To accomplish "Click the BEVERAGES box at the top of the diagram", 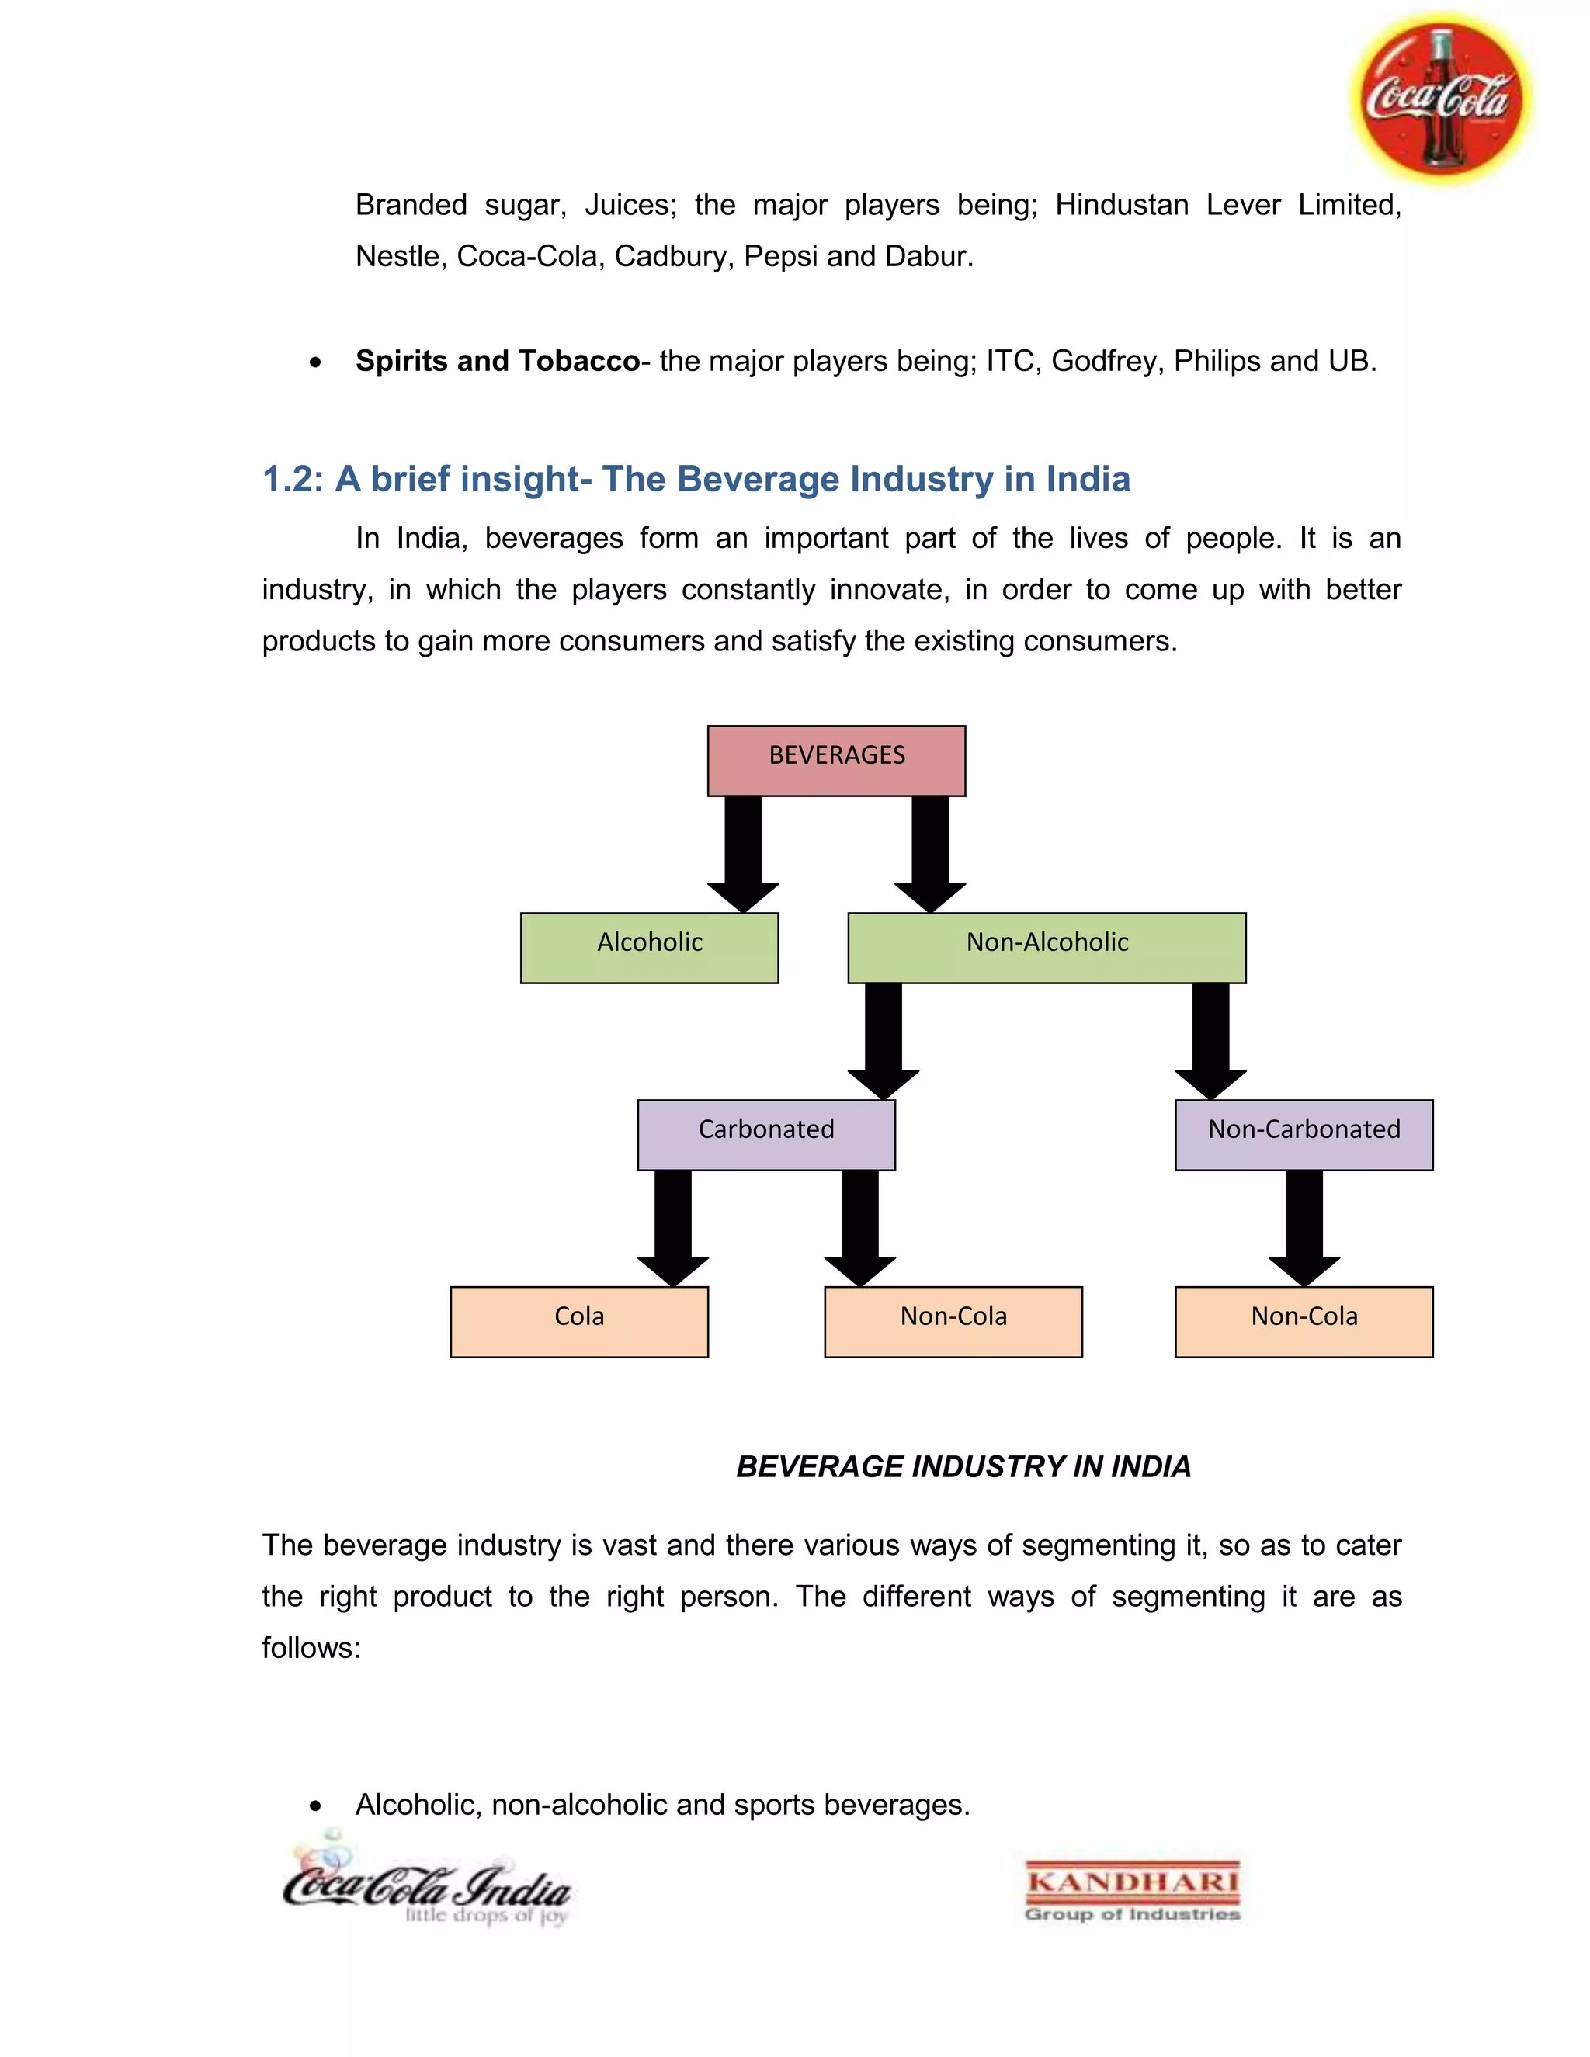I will pyautogui.click(x=836, y=760).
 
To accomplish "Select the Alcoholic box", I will pyautogui.click(x=649, y=948).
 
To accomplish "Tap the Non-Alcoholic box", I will pyautogui.click(x=1047, y=948).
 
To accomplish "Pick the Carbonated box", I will pyautogui.click(x=765, y=1134).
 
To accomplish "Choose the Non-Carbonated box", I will pyautogui.click(x=1304, y=1134).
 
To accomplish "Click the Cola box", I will pyautogui.click(x=579, y=1321).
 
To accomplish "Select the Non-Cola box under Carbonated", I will pyautogui.click(x=953, y=1321).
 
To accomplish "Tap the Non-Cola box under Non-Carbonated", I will pyautogui.click(x=1304, y=1321).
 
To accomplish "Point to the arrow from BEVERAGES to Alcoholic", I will pyautogui.click(x=743, y=852).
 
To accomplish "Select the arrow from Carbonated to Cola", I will pyautogui.click(x=672, y=1226).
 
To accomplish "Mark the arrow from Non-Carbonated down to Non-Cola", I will pyautogui.click(x=1304, y=1226).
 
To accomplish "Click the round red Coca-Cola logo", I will pyautogui.click(x=1440, y=98).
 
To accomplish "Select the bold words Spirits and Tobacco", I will pyautogui.click(x=498, y=361).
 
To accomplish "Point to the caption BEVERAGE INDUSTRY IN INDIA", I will pyautogui.click(x=963, y=1466).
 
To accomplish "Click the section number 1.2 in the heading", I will pyautogui.click(x=292, y=480).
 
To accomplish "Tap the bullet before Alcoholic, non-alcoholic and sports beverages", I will pyautogui.click(x=315, y=1806).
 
